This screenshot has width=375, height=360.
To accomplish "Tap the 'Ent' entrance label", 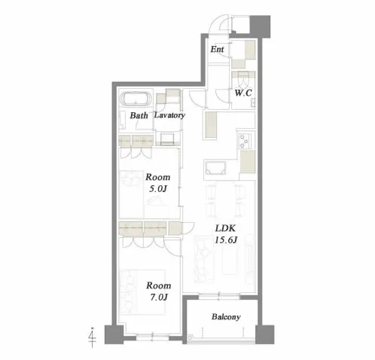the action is coord(217,49).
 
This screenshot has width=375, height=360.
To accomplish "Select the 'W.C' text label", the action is coord(243,93).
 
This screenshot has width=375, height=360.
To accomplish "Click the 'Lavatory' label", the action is coord(169,115).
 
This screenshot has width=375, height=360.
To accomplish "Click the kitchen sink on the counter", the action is coord(215,168).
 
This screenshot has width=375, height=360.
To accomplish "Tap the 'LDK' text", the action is coord(225,228).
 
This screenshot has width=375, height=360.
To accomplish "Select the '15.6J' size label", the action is coord(226,240).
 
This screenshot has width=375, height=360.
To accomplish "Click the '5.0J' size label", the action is coord(158,189).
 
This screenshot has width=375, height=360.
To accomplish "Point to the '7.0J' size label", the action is coord(159,297).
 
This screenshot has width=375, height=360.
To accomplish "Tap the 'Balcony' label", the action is coord(226,317).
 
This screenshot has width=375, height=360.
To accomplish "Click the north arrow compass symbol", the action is coord(93,337).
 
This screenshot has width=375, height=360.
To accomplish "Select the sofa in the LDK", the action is coord(204,259).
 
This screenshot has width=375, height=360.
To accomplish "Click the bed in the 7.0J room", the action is coord(142,292).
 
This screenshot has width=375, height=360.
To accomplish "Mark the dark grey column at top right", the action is coord(260,26).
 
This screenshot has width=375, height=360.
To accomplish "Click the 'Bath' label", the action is coord(139,115).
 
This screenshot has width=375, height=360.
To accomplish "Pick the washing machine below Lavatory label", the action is coord(167,139).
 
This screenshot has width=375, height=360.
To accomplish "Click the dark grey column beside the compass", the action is coord(114,334).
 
